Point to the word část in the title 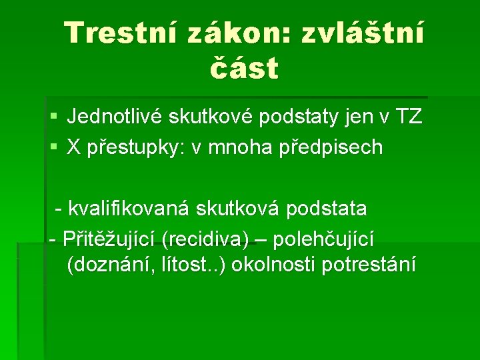tap(244, 68)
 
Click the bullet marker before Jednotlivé tap(53, 118)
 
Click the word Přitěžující tap(108, 237)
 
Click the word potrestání tap(369, 265)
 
